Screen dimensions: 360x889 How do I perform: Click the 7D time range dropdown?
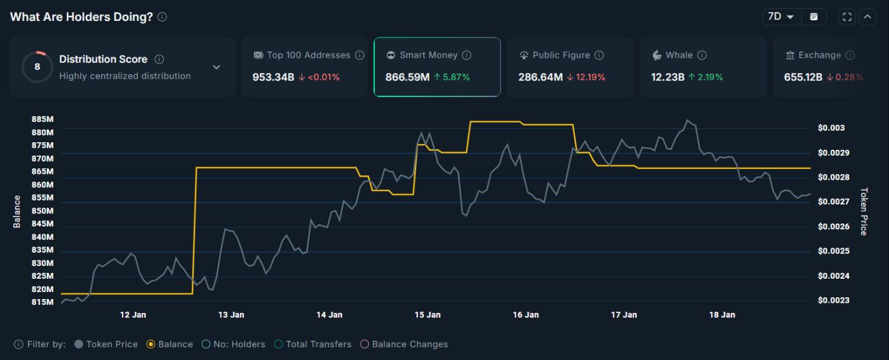pyautogui.click(x=780, y=17)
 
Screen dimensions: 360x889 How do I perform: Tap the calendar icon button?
pyautogui.click(x=813, y=17)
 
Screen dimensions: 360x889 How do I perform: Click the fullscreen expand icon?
pyautogui.click(x=847, y=17)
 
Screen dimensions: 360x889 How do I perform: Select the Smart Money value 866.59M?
pyautogui.click(x=408, y=77)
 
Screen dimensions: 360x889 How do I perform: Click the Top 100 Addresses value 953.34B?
pyautogui.click(x=273, y=77)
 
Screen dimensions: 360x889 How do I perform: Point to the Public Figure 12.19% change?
pyautogui.click(x=585, y=77)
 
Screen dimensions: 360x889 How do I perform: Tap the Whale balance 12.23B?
pyautogui.click(x=667, y=77)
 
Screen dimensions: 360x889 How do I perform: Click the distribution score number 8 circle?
pyautogui.click(x=37, y=67)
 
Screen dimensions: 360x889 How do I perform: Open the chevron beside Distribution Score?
pyautogui.click(x=217, y=67)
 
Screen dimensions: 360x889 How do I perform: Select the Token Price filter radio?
pyautogui.click(x=79, y=344)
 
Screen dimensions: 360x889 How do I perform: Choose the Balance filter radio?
pyautogui.click(x=151, y=344)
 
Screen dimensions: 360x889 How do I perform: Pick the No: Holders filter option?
pyautogui.click(x=206, y=344)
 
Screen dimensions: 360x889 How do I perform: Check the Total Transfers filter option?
pyautogui.click(x=279, y=344)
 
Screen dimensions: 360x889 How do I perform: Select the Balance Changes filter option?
pyautogui.click(x=364, y=344)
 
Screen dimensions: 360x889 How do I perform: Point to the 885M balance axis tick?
pyautogui.click(x=42, y=119)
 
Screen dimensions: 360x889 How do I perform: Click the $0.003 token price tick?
pyautogui.click(x=831, y=128)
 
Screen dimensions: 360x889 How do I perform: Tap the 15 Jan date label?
pyautogui.click(x=427, y=315)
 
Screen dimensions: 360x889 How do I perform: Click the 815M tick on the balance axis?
pyautogui.click(x=42, y=302)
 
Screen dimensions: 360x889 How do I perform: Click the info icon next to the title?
pyautogui.click(x=163, y=17)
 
